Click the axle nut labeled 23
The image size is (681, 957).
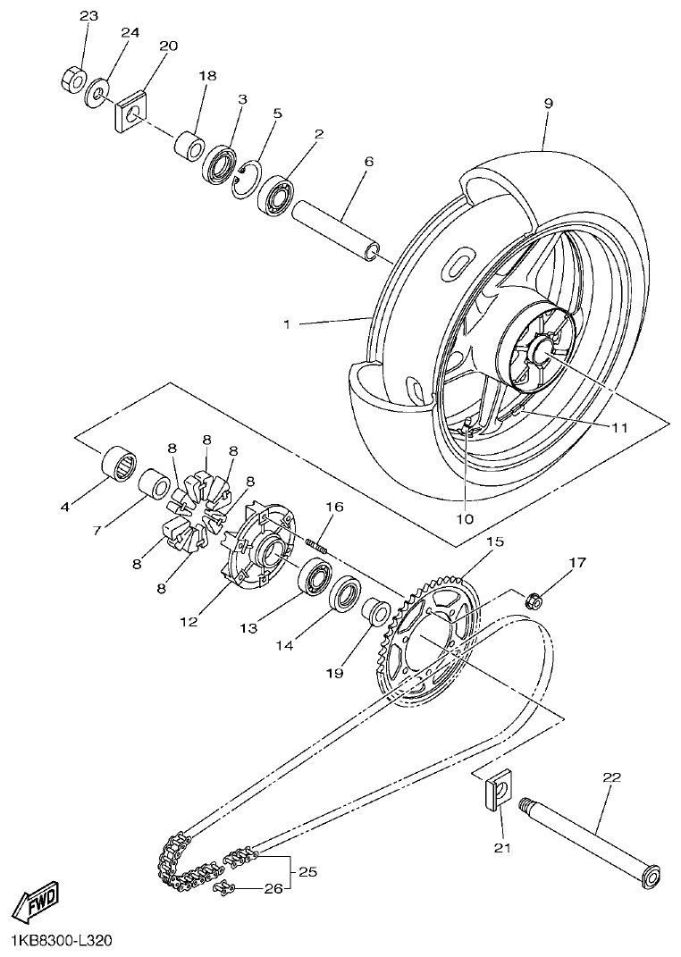pos(71,80)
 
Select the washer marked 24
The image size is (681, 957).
pos(97,92)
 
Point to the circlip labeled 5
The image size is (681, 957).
pos(241,179)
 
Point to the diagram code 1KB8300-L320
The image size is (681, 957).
pos(62,941)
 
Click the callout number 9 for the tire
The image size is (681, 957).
pos(548,104)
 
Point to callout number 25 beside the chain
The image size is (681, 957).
pos(307,871)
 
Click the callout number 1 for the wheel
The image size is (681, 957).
pos(287,325)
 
